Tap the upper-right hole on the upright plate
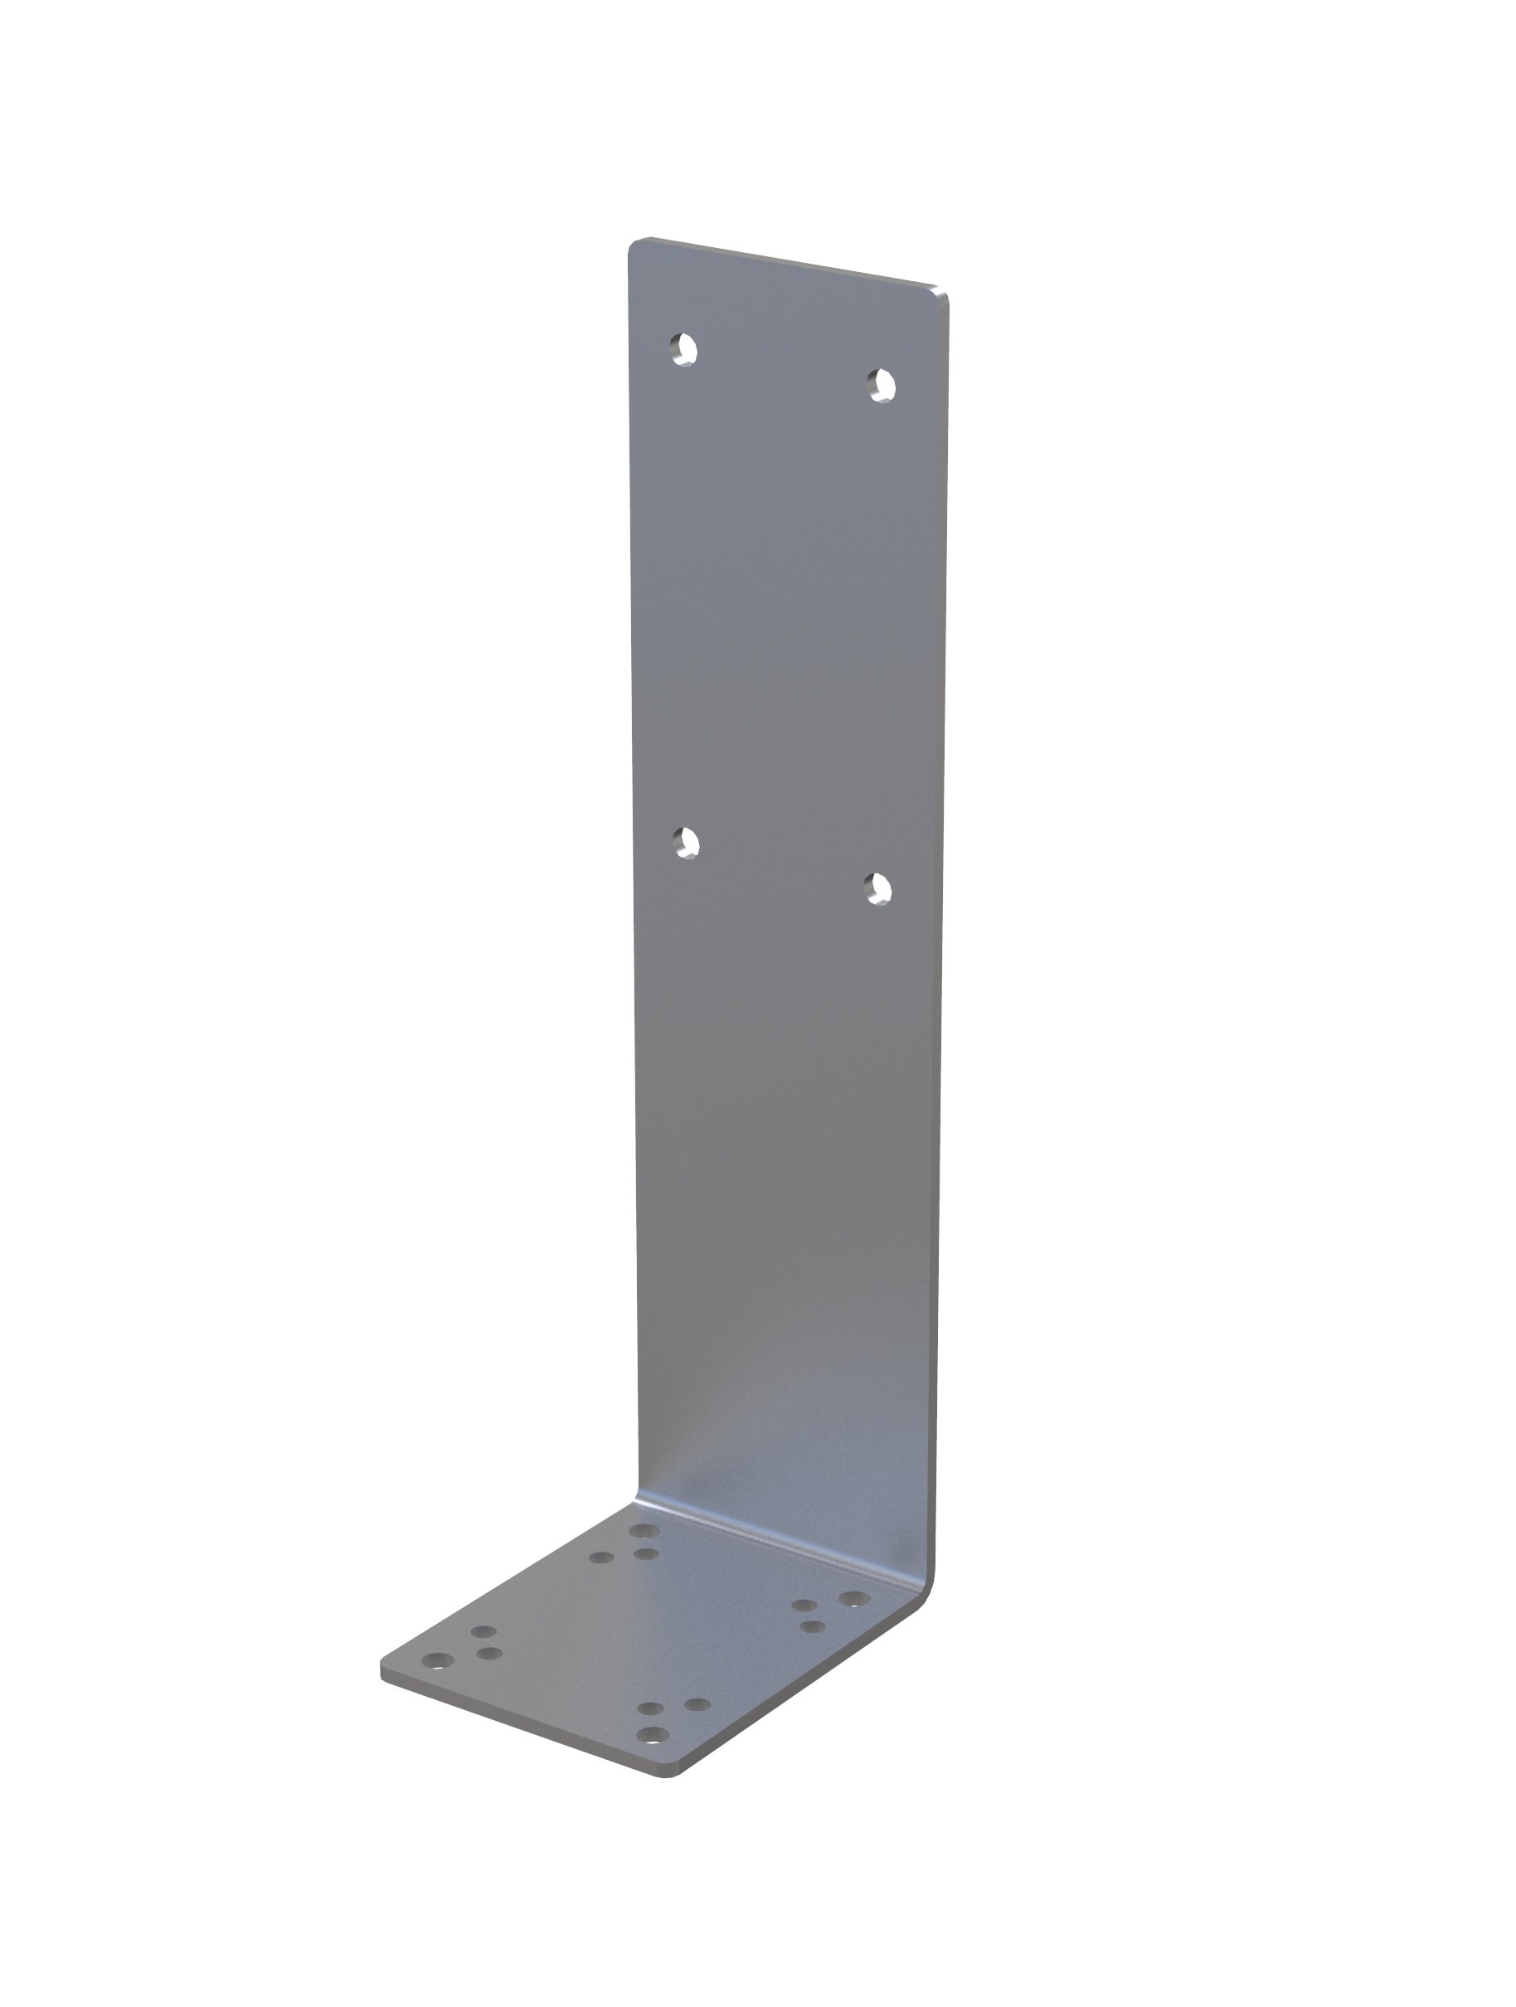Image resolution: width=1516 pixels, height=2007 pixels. [x=881, y=386]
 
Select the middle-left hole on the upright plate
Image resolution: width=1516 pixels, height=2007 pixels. [x=687, y=843]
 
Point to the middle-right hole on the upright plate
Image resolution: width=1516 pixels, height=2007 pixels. [x=877, y=889]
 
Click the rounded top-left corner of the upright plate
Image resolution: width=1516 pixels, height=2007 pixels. [x=635, y=245]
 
